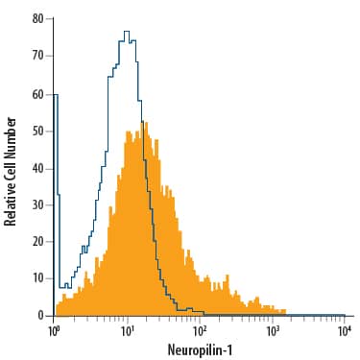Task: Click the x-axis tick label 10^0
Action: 55,330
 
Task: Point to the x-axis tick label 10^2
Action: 201,330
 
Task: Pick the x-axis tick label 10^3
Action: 273,330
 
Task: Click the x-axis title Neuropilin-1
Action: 201,350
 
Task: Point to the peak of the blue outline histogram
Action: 126,33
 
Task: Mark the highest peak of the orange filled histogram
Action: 143,123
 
